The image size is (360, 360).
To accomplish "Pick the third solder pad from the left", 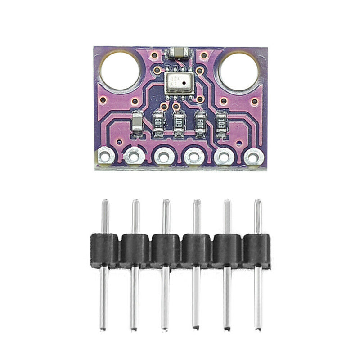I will click(163, 157).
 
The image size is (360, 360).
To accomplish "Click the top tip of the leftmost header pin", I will click(105, 202).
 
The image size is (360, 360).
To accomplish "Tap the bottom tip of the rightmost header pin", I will click(257, 326).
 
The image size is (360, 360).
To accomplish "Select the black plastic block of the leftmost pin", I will click(105, 249).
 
